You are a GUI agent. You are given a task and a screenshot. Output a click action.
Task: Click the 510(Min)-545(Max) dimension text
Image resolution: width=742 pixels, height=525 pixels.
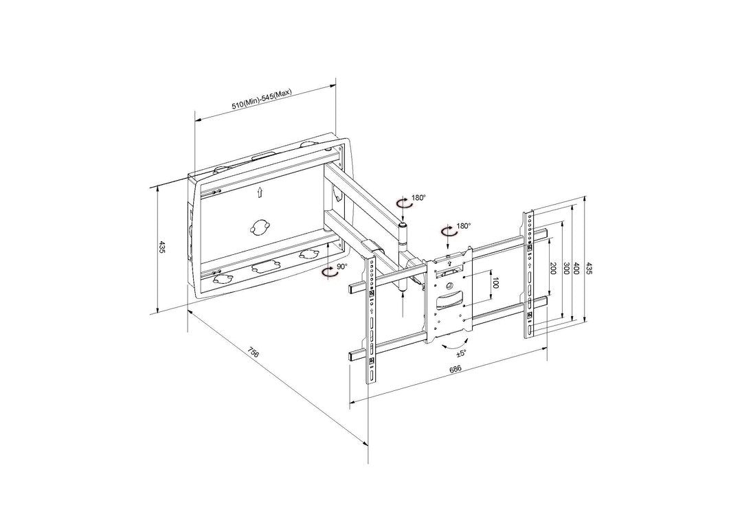click(x=262, y=100)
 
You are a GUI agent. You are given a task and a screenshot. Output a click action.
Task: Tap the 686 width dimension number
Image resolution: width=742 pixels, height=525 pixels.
click(x=455, y=369)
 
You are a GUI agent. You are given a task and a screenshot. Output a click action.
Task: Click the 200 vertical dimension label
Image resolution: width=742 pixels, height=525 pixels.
click(x=552, y=269)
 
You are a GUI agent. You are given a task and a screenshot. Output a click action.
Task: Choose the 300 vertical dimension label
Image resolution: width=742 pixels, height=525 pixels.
click(x=565, y=269)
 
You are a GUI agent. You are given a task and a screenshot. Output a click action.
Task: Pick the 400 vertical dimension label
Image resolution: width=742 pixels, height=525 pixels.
click(x=577, y=269)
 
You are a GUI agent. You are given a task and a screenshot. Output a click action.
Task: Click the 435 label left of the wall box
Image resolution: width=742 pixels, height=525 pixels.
click(x=162, y=247)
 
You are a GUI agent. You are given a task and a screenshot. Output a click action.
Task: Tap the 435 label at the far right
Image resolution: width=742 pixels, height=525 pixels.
click(x=588, y=269)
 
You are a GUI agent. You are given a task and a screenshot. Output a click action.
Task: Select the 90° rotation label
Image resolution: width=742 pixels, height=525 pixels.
click(x=342, y=267)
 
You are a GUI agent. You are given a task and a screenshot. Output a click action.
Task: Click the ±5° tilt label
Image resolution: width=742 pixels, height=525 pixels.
click(x=461, y=353)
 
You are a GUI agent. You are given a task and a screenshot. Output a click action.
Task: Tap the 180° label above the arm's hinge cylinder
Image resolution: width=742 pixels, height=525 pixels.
click(x=418, y=198)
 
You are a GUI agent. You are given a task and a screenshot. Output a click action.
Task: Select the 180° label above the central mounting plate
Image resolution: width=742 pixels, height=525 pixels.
click(x=464, y=226)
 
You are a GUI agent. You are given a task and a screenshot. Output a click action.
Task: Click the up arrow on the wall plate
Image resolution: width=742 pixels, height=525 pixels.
click(x=260, y=192)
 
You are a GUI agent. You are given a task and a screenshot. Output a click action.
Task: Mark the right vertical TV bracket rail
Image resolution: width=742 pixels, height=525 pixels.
click(x=530, y=275)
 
